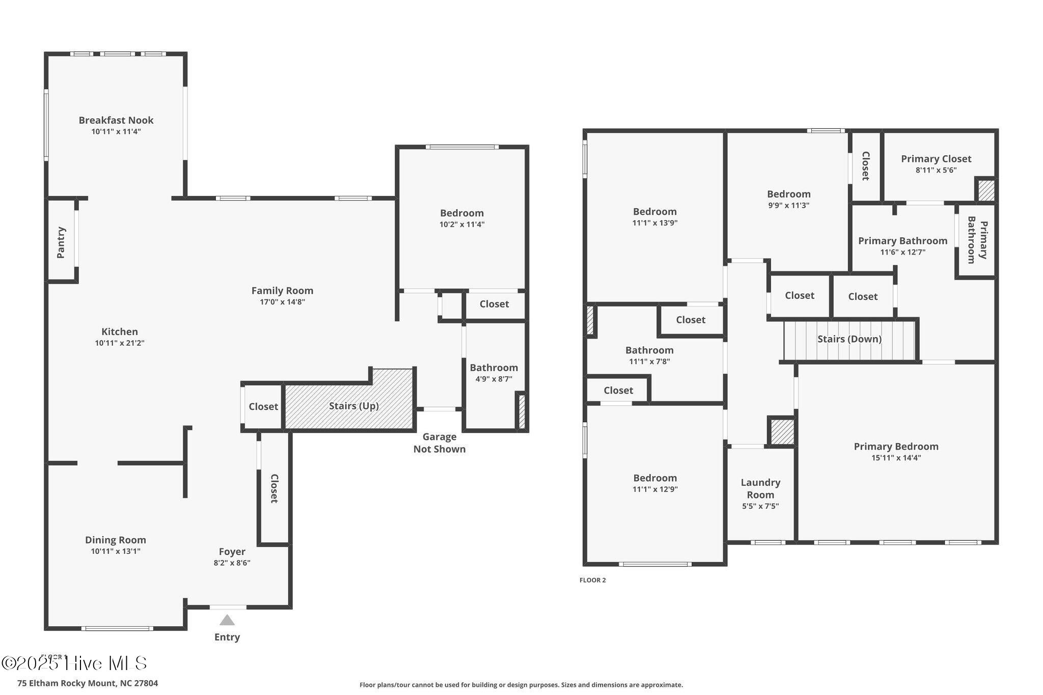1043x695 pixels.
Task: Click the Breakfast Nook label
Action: click(116, 121)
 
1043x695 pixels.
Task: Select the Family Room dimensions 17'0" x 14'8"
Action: click(282, 302)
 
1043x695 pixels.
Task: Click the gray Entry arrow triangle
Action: click(227, 620)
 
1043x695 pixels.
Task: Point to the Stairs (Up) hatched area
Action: click(353, 406)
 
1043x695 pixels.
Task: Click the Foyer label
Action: click(232, 551)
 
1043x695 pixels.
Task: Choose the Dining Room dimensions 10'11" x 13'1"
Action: click(116, 551)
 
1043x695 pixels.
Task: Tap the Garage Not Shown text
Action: click(439, 442)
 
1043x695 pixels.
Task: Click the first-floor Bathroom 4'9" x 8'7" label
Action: click(493, 368)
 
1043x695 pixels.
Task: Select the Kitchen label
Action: click(119, 331)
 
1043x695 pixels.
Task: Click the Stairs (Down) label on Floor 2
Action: click(849, 339)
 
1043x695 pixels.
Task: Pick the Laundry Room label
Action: click(760, 488)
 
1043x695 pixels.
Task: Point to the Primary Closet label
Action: click(936, 159)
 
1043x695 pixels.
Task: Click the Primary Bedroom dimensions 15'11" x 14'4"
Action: click(896, 458)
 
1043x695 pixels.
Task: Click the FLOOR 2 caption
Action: click(592, 580)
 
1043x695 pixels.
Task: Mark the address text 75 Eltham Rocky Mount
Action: click(88, 683)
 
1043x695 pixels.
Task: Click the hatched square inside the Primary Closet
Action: click(986, 190)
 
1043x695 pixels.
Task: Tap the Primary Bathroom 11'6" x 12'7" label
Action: click(902, 241)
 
